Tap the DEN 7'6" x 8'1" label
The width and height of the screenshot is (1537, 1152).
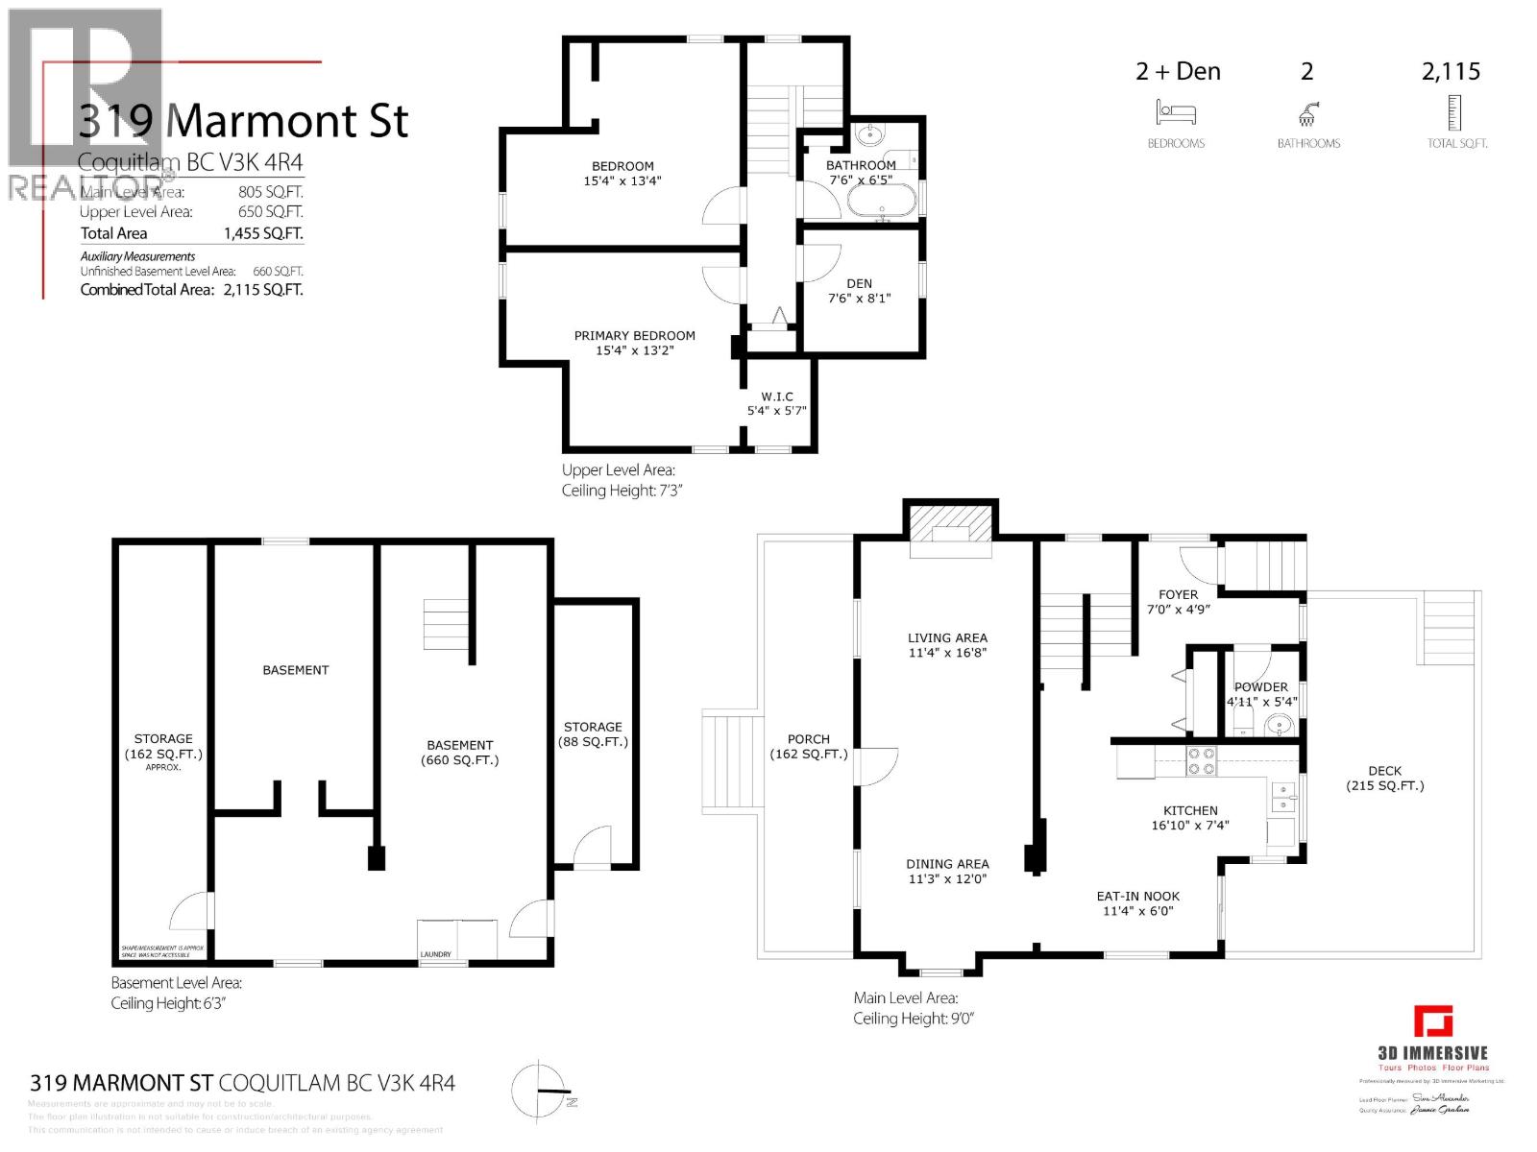coord(859,290)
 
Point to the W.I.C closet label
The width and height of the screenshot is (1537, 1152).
coord(776,403)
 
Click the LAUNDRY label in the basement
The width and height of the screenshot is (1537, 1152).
coord(435,954)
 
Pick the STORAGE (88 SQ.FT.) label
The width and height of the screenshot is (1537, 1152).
coord(593,734)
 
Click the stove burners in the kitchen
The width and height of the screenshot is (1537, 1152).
coord(1201,761)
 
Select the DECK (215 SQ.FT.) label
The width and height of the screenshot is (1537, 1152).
coord(1384,778)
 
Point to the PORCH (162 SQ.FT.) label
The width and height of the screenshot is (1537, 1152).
coord(808,746)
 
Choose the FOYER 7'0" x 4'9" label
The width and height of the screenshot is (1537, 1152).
coord(1178,602)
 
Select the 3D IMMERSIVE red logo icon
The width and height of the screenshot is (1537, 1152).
coord(1432,1021)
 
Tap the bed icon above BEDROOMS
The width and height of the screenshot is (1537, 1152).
coord(1176,114)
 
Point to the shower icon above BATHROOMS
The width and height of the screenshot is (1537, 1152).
coord(1307,115)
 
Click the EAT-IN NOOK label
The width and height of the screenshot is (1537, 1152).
coord(1137,903)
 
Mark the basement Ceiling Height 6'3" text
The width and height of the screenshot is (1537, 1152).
coord(168,1003)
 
